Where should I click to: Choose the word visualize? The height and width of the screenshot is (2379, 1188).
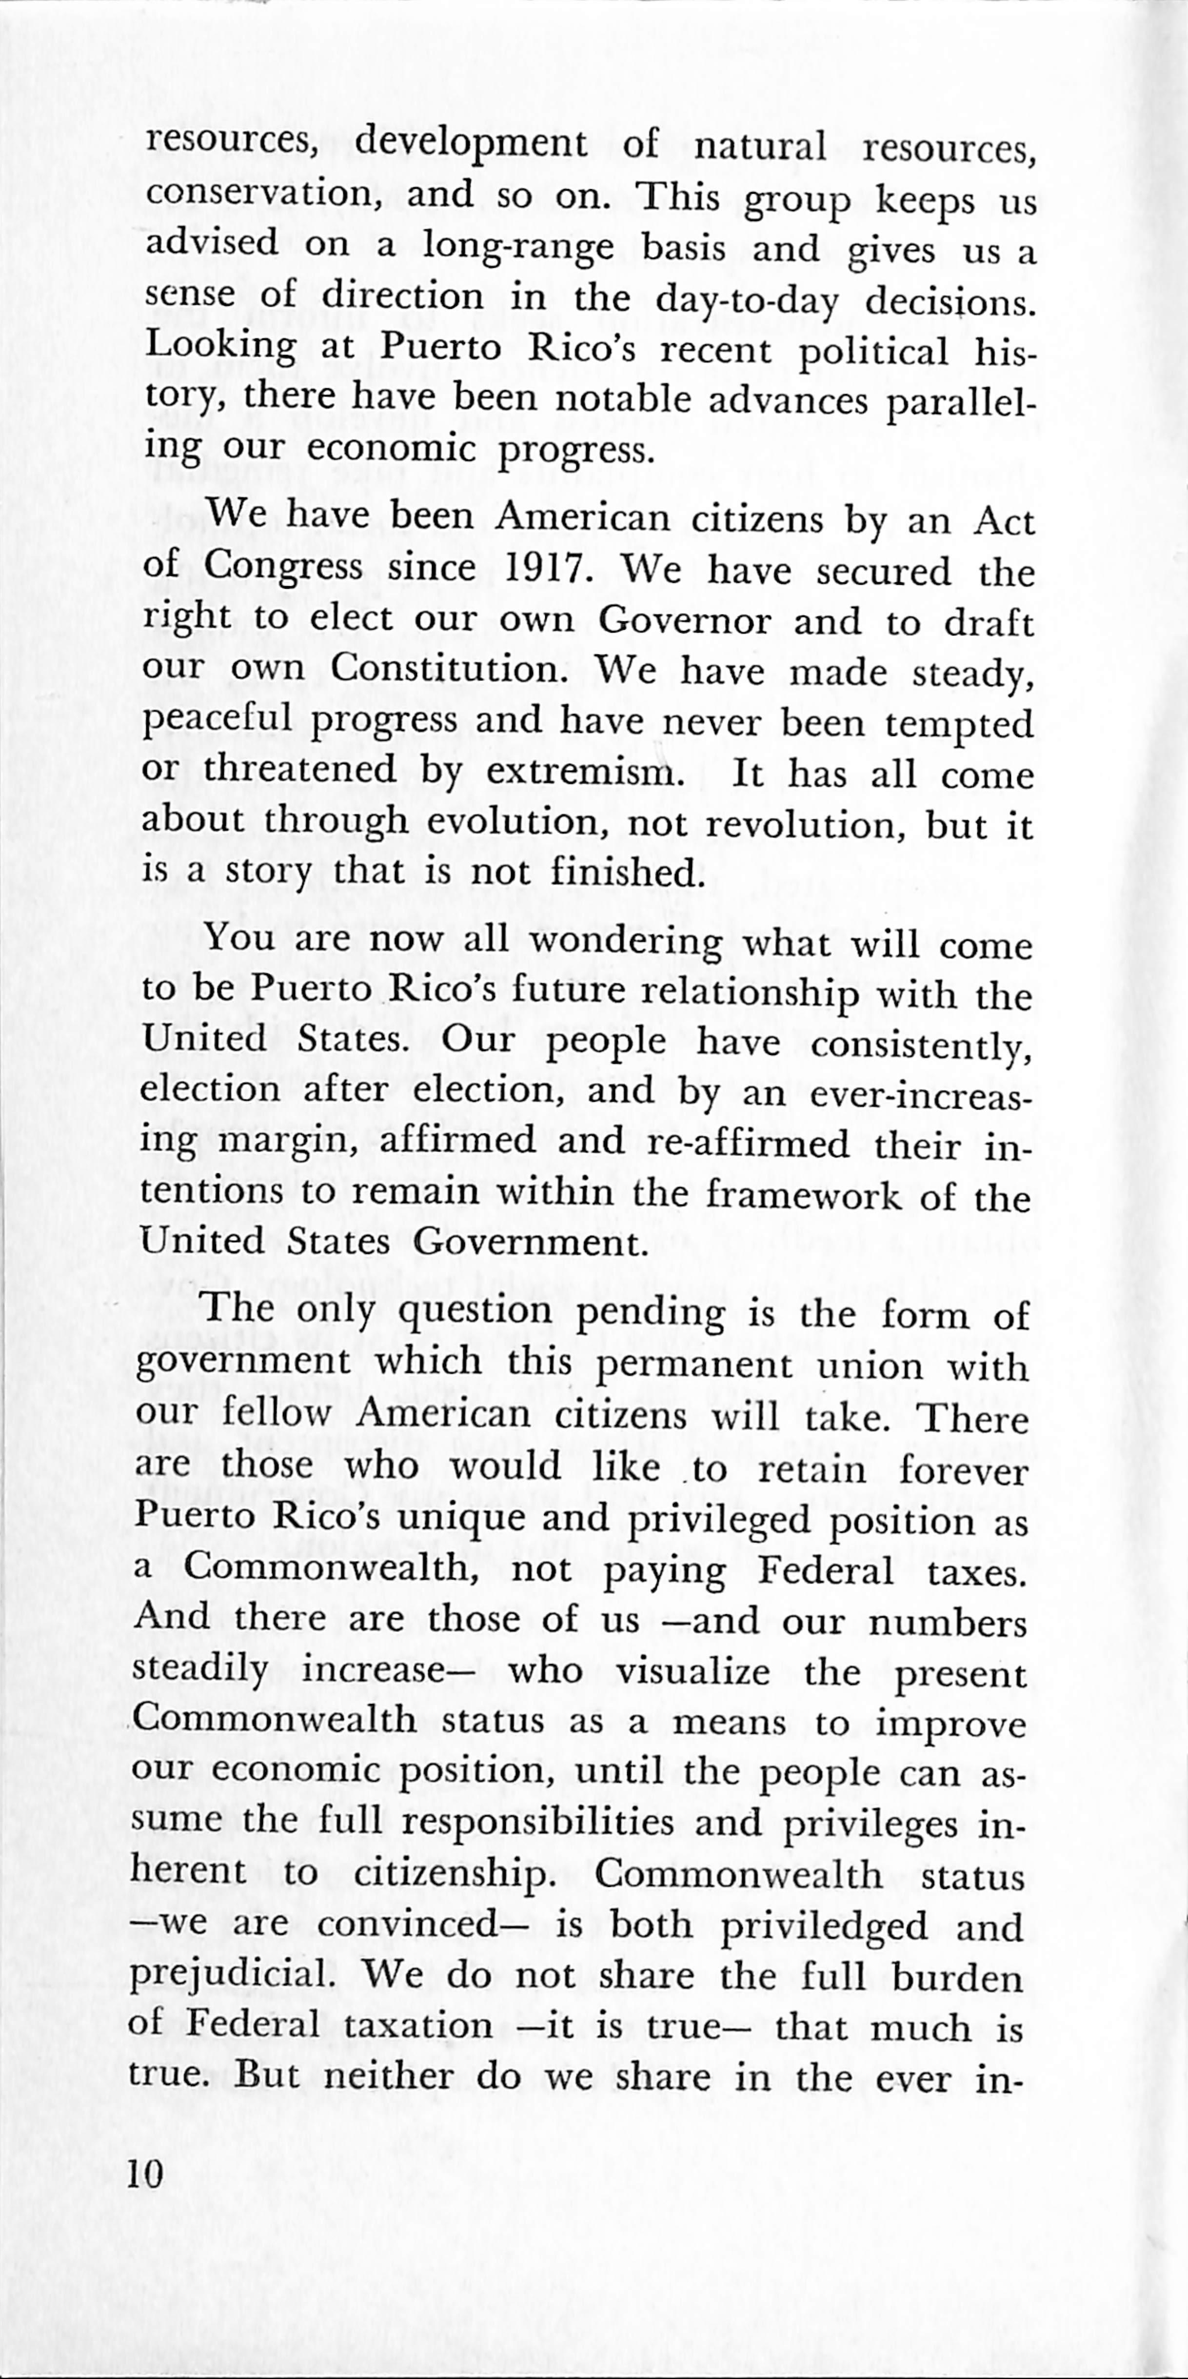pyautogui.click(x=693, y=1671)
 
